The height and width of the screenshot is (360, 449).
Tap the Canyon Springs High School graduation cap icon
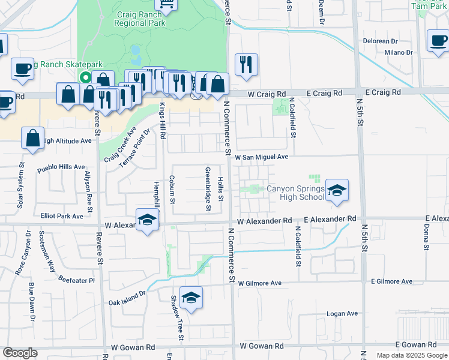(337, 190)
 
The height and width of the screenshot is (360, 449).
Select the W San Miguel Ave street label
(262, 157)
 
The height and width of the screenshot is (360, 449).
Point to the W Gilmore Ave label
(260, 283)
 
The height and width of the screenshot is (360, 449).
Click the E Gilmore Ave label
(391, 281)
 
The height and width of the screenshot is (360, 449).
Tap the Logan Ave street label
(342, 313)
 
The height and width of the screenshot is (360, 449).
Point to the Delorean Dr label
(381, 41)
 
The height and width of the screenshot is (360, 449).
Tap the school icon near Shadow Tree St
(191, 298)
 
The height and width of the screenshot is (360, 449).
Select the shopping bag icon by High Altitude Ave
(32, 138)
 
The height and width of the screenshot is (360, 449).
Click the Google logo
(20, 353)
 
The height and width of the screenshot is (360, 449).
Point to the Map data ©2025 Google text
(411, 355)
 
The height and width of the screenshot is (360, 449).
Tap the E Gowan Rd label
(416, 345)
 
